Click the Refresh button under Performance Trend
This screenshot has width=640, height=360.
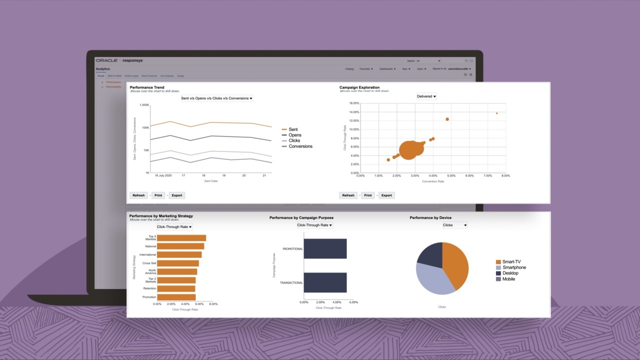click(138, 195)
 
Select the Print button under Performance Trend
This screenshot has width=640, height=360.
click(158, 195)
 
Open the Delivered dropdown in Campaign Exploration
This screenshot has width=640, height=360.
click(426, 96)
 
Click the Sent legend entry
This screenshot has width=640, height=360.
click(293, 129)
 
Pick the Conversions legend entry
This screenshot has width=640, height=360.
click(300, 146)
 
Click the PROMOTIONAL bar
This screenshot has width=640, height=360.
click(325, 248)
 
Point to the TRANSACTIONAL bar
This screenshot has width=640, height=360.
click(325, 282)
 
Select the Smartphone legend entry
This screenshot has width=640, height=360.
click(514, 267)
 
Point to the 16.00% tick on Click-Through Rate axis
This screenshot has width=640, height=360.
click(353, 103)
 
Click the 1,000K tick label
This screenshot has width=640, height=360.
click(144, 105)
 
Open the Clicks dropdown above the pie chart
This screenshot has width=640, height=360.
click(454, 225)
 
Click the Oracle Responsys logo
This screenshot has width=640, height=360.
click(119, 60)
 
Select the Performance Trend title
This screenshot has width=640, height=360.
click(147, 87)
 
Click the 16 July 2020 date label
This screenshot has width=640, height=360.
click(163, 175)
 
